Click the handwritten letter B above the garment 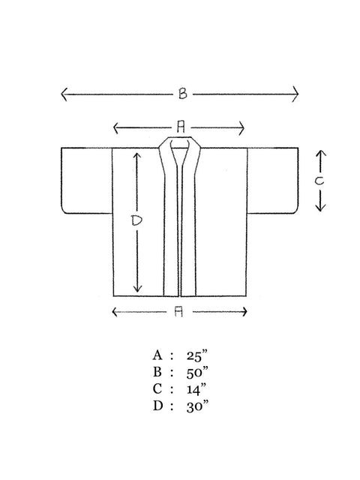point(183,93)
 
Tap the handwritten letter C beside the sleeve point(319,181)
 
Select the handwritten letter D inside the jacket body point(136,220)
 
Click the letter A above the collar point(181,127)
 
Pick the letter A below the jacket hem point(178,312)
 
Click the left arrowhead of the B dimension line point(64,94)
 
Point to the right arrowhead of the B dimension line point(295,94)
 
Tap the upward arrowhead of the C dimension point(320,153)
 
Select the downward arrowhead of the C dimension point(320,208)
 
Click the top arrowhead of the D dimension point(137,156)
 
